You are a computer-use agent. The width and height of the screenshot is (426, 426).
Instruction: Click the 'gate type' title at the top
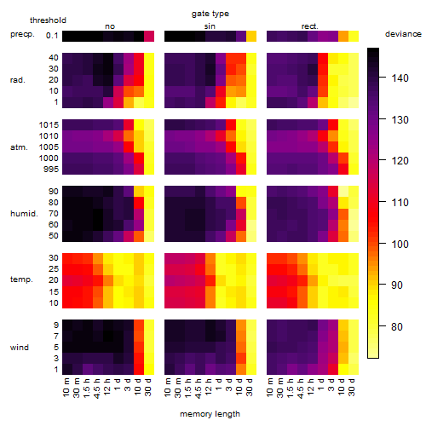coord(210,14)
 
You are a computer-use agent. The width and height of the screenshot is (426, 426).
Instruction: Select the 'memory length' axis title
coord(210,414)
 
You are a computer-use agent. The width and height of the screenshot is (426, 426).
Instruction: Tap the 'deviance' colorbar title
coord(403,34)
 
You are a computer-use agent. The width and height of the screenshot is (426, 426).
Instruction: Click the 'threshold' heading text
coord(48,20)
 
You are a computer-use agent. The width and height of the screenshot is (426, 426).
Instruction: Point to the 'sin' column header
coord(210,26)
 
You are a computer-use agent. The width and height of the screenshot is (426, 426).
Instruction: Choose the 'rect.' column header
coord(309,26)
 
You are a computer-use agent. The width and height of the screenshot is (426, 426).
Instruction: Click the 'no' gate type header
coord(110,26)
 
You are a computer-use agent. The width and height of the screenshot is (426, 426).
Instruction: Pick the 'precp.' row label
coord(22,34)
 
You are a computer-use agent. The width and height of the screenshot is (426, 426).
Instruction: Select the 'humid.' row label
coord(24,214)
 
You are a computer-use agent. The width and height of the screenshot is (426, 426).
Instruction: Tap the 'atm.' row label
coord(19,147)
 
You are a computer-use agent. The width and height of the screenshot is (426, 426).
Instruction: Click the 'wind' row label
coord(20,348)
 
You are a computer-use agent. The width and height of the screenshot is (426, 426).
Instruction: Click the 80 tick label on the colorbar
coord(397,326)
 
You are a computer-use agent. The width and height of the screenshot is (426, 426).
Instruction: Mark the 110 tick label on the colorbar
coord(400,203)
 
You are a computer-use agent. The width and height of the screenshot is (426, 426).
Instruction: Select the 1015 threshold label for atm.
coord(49,125)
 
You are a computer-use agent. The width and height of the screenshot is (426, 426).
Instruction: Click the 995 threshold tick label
coord(51,170)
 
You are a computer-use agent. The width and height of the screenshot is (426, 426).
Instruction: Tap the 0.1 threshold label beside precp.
coord(52,36)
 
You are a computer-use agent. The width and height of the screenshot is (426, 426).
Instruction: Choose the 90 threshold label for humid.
coord(54,192)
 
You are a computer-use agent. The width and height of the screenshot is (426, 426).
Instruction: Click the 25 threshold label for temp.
coord(54,269)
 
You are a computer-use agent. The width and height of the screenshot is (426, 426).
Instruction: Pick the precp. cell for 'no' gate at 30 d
coord(149,37)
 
